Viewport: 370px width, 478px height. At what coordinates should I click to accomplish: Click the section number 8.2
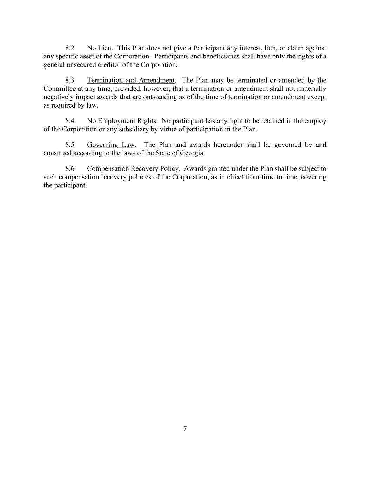tap(70, 48)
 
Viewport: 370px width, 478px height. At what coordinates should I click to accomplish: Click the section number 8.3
tap(70, 80)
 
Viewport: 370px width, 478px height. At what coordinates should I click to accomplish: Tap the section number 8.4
tap(70, 121)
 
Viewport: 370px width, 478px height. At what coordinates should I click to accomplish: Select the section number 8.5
tap(70, 145)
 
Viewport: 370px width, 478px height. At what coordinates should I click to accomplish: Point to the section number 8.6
tap(70, 168)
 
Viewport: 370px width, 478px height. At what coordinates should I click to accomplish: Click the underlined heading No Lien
tap(99, 48)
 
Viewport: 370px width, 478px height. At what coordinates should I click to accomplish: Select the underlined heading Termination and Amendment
tap(130, 80)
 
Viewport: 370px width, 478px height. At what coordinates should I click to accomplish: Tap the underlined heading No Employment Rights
tap(121, 121)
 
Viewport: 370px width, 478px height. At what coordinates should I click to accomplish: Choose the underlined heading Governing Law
tap(110, 145)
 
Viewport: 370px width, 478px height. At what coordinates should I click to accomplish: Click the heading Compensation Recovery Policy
tap(133, 168)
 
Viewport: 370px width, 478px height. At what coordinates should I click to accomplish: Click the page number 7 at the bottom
tap(185, 428)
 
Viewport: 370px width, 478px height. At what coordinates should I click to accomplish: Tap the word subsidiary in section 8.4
tap(135, 129)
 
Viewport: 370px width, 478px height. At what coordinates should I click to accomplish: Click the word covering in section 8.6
tap(314, 177)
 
